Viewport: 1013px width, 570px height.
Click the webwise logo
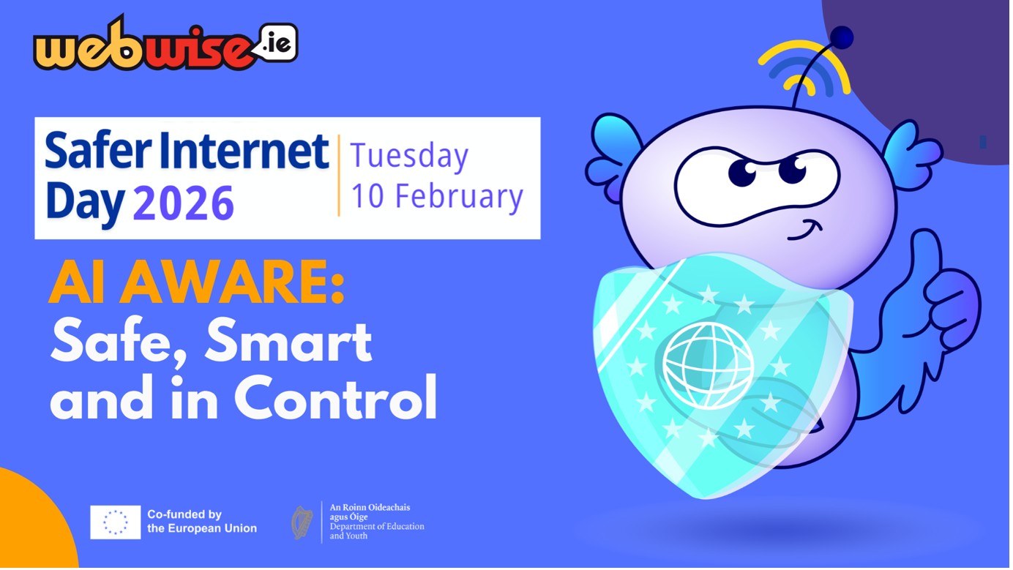146,48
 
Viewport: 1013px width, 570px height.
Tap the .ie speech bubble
277,43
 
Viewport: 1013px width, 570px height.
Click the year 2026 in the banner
183,203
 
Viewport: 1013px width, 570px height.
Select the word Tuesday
409,157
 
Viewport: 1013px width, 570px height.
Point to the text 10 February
437,196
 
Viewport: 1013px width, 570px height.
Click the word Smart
288,341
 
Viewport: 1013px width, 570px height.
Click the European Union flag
116,522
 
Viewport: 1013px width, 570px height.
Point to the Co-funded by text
184,514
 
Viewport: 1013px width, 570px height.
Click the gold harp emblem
302,522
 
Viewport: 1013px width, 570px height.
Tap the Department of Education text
376,526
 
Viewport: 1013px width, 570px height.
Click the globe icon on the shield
708,365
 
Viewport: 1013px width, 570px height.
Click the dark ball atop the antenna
842,37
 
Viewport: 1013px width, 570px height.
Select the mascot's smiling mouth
804,231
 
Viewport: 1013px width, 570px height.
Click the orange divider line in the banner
339,176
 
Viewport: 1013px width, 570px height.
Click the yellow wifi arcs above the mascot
805,70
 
